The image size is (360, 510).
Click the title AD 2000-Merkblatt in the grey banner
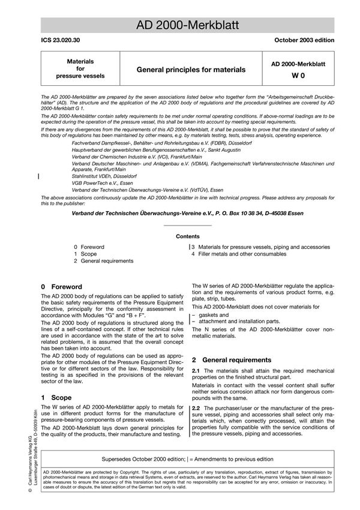pyautogui.click(x=188, y=25)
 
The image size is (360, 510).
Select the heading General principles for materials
pyautogui.click(x=191, y=70)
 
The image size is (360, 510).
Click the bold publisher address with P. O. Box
pyautogui.click(x=187, y=213)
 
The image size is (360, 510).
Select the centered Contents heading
pyautogui.click(x=188, y=236)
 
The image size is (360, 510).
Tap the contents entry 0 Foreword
pyautogui.click(x=89, y=247)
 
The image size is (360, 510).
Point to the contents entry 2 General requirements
pyautogui.click(x=103, y=261)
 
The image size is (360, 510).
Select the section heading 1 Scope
pyautogui.click(x=56, y=398)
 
